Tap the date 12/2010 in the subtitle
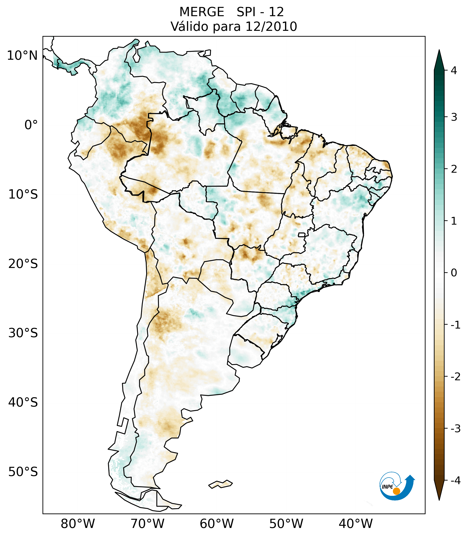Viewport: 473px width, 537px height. [x=271, y=27]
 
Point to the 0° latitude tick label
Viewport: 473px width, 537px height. [x=31, y=125]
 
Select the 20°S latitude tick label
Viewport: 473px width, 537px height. [x=23, y=264]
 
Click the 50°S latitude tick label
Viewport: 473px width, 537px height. [x=23, y=472]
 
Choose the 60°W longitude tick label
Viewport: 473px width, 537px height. [x=217, y=524]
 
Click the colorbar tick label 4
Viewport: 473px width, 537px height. [x=454, y=70]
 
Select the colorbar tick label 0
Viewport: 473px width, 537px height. [x=454, y=273]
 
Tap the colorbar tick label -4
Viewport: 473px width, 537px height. [x=455, y=481]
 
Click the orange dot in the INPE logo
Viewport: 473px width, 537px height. [x=396, y=491]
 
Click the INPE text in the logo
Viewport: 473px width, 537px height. [x=387, y=487]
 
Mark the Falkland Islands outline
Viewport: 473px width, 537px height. [x=220, y=484]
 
